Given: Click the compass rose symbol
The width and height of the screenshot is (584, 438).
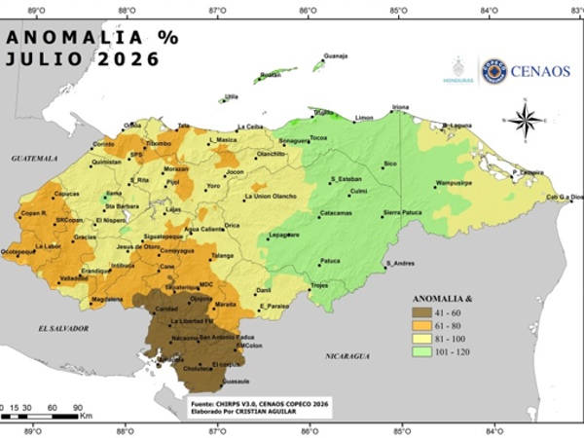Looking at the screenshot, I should (x=527, y=121).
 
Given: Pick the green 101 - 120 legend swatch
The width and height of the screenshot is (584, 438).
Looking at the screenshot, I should (x=413, y=350).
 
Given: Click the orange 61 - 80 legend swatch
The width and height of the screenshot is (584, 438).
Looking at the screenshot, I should (x=413, y=325).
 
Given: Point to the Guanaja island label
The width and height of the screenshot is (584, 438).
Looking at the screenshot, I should (x=335, y=55).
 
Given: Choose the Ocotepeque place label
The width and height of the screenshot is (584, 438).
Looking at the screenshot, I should (x=18, y=251).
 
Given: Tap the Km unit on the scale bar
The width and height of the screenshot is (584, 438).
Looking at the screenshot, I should (x=87, y=416).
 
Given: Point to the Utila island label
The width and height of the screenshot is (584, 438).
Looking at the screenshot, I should (x=232, y=96).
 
